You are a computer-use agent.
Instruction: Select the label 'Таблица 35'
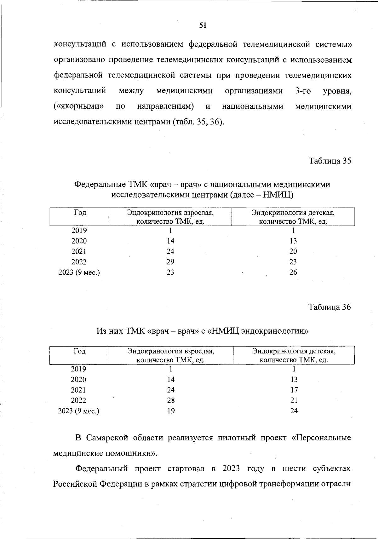330,161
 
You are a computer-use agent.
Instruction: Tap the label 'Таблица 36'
329,307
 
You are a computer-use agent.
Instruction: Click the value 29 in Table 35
170,262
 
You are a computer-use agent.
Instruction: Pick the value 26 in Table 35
293,272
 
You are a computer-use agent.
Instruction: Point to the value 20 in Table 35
293,251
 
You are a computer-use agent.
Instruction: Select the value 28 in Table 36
171,400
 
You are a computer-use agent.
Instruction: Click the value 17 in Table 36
294,390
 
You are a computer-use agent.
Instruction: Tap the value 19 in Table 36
171,411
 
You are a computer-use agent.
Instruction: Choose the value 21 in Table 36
294,400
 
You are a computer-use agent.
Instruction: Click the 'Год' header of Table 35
80,213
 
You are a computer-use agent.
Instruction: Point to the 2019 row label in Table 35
79,231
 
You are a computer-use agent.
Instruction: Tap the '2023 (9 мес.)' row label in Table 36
79,411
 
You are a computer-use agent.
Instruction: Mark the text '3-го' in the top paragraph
303,91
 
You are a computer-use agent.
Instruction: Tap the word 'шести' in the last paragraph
293,468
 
